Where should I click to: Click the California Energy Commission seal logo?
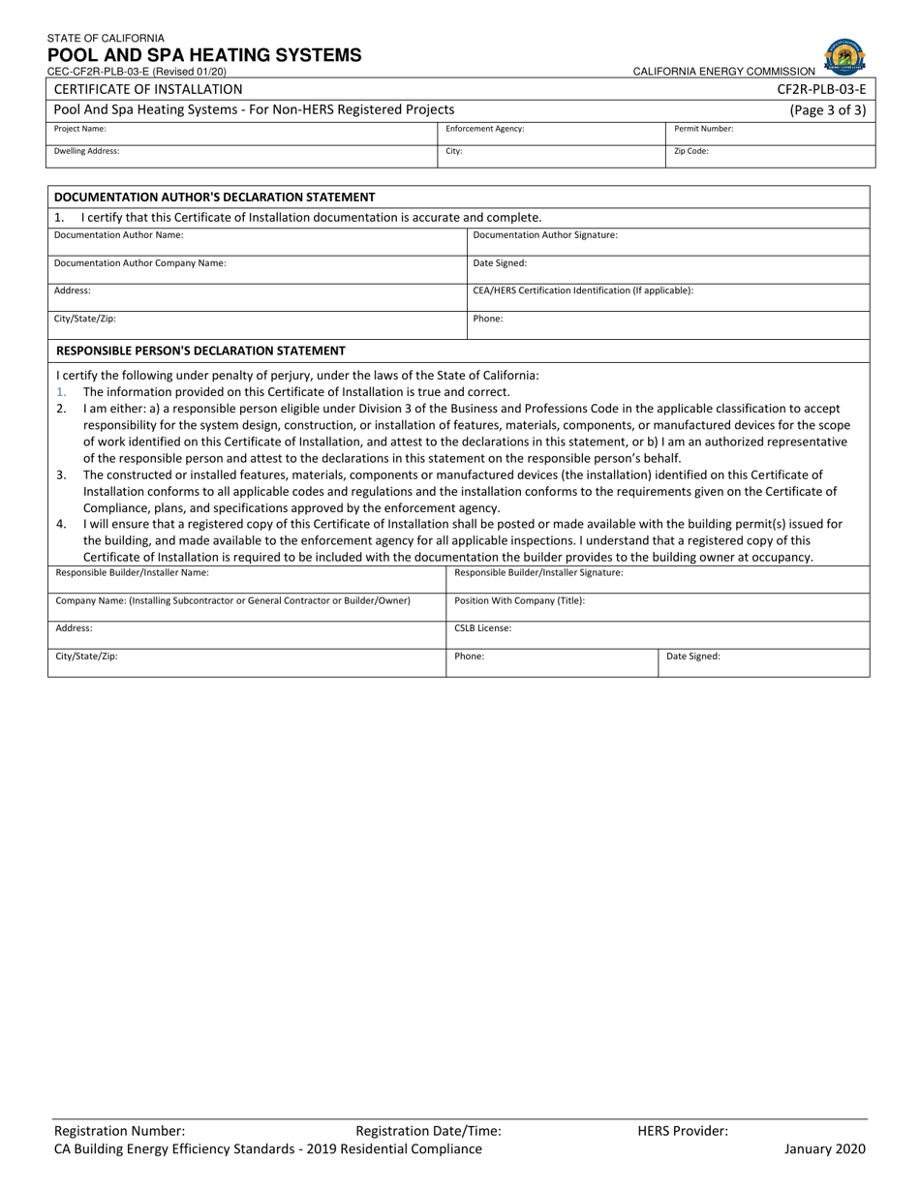pyautogui.click(x=844, y=57)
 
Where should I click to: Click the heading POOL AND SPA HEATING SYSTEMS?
pyautogui.click(x=204, y=55)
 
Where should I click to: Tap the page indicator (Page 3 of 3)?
pyautogui.click(x=828, y=109)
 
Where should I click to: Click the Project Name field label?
pyautogui.click(x=80, y=128)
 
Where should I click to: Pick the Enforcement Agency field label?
pyautogui.click(x=485, y=128)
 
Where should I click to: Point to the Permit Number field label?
pyautogui.click(x=704, y=128)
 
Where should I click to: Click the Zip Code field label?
pyautogui.click(x=691, y=151)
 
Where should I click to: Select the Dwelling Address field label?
pyautogui.click(x=87, y=151)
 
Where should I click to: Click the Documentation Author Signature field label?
pyautogui.click(x=545, y=234)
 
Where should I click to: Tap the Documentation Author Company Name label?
pyautogui.click(x=140, y=262)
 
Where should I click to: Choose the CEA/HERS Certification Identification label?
pyautogui.click(x=583, y=290)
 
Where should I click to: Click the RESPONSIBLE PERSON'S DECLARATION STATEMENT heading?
pyautogui.click(x=201, y=351)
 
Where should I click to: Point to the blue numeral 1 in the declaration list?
pyautogui.click(x=61, y=392)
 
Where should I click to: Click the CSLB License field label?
pyautogui.click(x=483, y=628)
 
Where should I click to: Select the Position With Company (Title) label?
pyautogui.click(x=520, y=600)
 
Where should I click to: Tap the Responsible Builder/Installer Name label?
pyautogui.click(x=133, y=572)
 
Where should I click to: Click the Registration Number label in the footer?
pyautogui.click(x=120, y=1130)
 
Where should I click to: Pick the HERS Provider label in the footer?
pyautogui.click(x=683, y=1130)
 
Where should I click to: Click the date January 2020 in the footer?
pyautogui.click(x=825, y=1149)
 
